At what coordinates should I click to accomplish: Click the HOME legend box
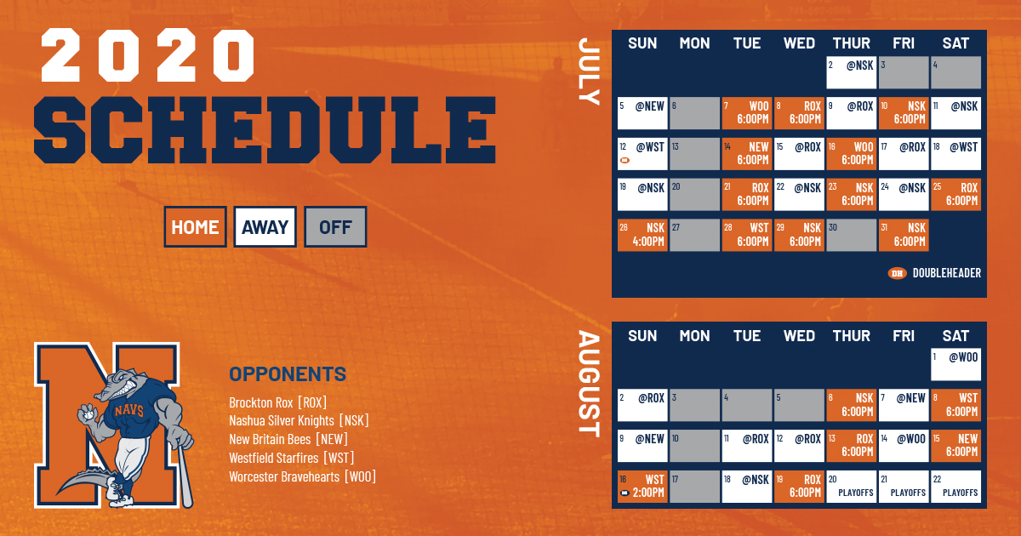coord(195,226)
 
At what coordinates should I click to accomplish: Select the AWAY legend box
coord(265,226)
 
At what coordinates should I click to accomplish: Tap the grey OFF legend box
coord(335,226)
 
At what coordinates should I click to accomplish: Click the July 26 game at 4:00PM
coord(642,235)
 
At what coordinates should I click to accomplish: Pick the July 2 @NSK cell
coord(851,72)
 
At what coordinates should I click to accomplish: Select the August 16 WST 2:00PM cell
coord(642,487)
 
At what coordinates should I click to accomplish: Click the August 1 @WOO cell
coord(955,364)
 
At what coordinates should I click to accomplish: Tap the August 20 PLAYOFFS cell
coord(851,487)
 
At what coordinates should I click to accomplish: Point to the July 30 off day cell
coord(851,235)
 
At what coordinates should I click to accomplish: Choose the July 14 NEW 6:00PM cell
coord(747,154)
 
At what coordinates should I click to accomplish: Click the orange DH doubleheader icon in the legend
coord(897,273)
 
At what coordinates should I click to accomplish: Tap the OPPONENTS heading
coord(288,374)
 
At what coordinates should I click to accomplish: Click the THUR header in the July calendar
coord(851,43)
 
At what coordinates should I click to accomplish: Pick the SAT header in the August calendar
coord(955,336)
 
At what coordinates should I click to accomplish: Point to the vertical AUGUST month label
coord(589,384)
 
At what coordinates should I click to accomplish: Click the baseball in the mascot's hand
coord(88,414)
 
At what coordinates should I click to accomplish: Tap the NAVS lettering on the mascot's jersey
coord(129,410)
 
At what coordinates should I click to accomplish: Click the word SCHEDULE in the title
coord(265,130)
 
